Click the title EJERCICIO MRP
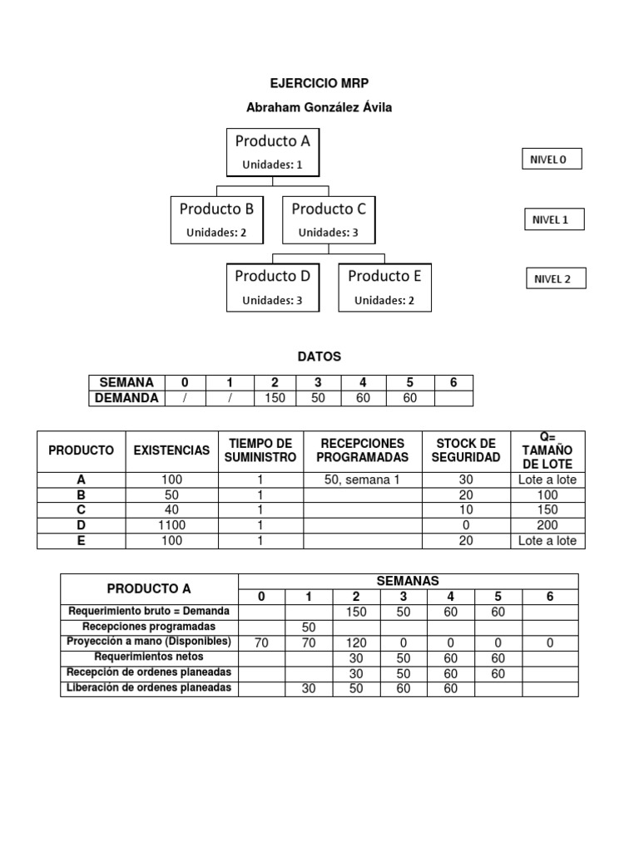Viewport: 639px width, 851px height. (319, 83)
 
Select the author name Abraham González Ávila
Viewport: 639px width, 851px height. (319, 107)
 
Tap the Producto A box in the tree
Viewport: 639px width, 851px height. (272, 152)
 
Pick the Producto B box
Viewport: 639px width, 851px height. (216, 219)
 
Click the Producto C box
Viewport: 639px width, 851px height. (329, 219)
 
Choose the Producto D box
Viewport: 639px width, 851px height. (272, 287)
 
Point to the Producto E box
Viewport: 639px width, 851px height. (384, 287)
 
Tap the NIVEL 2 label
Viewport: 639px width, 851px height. (553, 278)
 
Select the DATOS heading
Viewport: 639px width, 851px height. (319, 357)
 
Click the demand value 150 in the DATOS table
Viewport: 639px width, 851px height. (275, 398)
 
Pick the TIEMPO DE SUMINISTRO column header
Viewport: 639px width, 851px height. (260, 450)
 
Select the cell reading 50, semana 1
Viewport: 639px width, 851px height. (362, 480)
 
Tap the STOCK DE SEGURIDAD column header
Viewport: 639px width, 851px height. (466, 450)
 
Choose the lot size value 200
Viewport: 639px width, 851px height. (547, 525)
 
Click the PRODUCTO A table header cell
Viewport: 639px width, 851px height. (150, 588)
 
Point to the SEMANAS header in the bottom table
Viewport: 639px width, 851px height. (408, 581)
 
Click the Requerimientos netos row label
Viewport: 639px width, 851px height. (149, 657)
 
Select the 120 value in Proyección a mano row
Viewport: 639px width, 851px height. (356, 642)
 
